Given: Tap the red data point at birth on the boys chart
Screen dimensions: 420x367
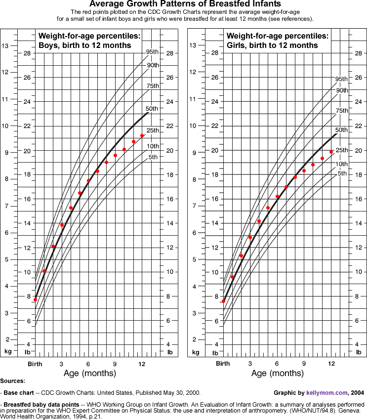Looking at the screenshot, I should coord(35,299).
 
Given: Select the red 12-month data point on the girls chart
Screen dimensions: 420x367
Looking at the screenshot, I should coord(331,152).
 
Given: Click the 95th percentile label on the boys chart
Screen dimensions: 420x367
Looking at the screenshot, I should coord(152,52).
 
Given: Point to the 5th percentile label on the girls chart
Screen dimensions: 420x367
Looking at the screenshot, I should coord(341,173).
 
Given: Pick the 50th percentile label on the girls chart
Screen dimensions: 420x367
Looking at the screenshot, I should coord(342,130).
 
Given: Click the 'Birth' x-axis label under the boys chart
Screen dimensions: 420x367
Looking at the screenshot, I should coord(34,364).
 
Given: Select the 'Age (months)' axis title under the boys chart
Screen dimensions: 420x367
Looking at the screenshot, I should coord(89,374).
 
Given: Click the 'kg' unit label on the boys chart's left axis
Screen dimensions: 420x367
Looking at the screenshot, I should coord(7,352).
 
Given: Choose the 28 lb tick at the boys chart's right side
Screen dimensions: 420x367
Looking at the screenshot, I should coord(170,53).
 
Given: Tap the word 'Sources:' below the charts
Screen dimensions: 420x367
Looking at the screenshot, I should coord(13,381).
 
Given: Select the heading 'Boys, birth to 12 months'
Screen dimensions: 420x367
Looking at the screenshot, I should coord(84,45).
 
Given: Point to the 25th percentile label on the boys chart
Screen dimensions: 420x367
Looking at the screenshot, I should coord(152,130).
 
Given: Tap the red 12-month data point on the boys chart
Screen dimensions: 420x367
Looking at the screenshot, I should coord(142,135).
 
